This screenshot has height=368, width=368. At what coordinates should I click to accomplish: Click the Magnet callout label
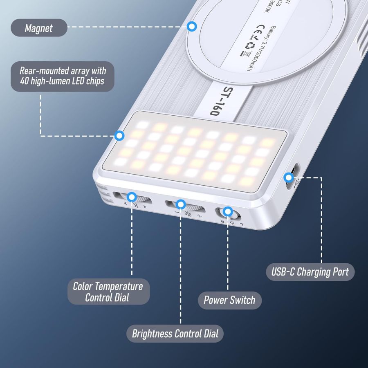[x=39, y=27]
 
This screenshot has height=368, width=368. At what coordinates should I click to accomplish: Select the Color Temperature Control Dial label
[x=108, y=292]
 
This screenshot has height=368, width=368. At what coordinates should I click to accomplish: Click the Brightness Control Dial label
[x=175, y=333]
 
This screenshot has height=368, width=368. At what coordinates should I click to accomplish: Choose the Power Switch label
[x=229, y=300]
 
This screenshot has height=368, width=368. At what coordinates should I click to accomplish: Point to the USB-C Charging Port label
[x=310, y=272]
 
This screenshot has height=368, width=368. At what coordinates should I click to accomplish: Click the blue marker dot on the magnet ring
[x=191, y=27]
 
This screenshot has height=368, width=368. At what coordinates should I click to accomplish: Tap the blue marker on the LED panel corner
[x=120, y=135]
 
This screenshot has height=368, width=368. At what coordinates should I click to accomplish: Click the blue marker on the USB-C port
[x=289, y=177]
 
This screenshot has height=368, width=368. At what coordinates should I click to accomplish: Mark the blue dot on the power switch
[x=228, y=212]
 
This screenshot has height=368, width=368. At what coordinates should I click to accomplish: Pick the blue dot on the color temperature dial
[x=132, y=196]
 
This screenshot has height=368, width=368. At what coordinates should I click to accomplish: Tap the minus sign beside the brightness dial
[x=177, y=213]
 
